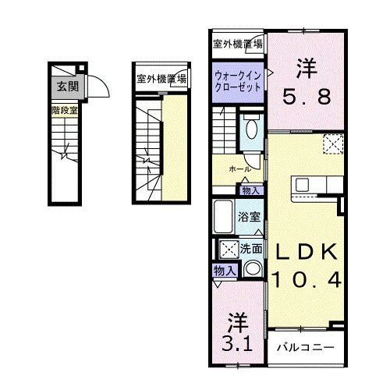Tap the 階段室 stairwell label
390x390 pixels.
click(63, 112)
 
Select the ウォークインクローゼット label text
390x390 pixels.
click(239, 82)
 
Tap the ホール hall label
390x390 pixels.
click(239, 168)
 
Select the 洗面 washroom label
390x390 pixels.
click(250, 249)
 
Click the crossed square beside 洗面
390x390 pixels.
click(229, 250)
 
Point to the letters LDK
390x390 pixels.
click(305, 252)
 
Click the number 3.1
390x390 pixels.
click(236, 341)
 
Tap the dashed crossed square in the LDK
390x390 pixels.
click(333, 144)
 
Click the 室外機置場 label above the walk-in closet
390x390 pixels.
click(238, 43)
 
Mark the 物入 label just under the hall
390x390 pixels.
click(250, 190)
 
